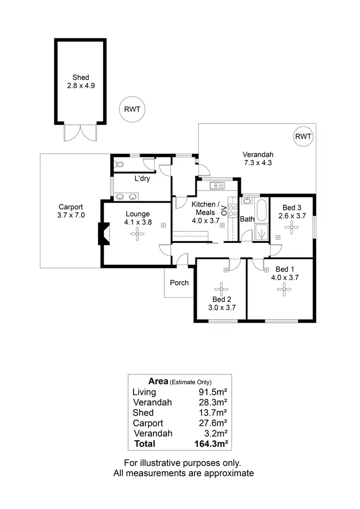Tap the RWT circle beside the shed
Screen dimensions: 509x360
pos(132,109)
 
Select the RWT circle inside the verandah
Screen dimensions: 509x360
pos(303,136)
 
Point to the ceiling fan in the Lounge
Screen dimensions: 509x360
pos(138,234)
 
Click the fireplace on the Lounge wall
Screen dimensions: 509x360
pos(103,234)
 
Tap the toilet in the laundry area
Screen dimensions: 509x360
pos(119,164)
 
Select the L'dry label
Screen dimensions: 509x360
pos(142,179)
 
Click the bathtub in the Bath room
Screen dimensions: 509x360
pos(262,210)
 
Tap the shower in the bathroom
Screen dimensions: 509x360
pos(262,232)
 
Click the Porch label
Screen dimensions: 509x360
pos(179,282)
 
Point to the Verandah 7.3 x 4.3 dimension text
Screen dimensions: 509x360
pos(258,163)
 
